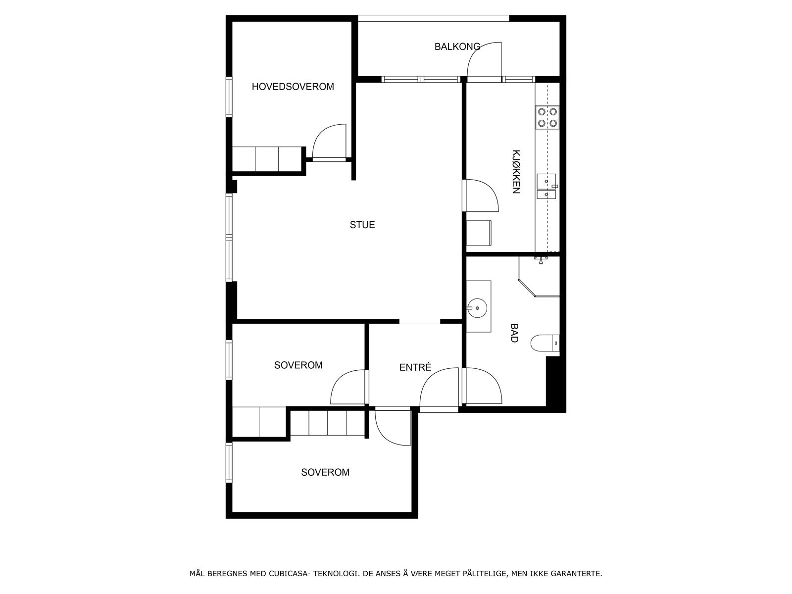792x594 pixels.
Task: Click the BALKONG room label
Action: point(457,47)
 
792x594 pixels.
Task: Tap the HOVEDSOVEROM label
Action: point(293,87)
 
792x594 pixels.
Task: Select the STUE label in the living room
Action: point(362,225)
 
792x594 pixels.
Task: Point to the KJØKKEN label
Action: point(516,171)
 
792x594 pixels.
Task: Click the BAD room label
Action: point(514,333)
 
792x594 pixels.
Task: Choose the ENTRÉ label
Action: point(415,367)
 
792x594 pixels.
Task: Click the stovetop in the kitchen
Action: point(547,117)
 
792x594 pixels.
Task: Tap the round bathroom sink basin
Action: point(478,308)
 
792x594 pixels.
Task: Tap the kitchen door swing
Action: point(480,196)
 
